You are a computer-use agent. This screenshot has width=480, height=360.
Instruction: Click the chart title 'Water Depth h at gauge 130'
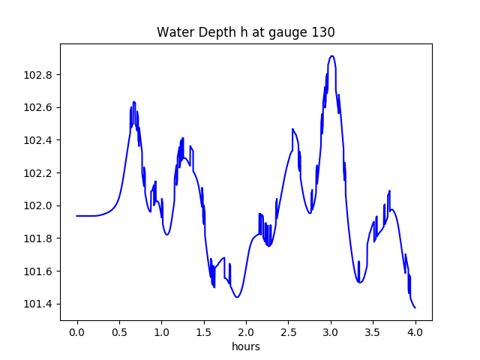click(x=245, y=32)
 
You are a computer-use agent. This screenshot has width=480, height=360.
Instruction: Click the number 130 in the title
click(x=323, y=32)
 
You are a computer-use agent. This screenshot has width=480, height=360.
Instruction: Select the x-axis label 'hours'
click(x=246, y=347)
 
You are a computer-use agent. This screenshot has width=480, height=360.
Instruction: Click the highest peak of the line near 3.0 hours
click(x=331, y=56)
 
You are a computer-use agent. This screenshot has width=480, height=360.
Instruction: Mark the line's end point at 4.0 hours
click(x=415, y=307)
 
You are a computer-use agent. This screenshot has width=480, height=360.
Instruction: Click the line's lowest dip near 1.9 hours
click(x=237, y=298)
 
